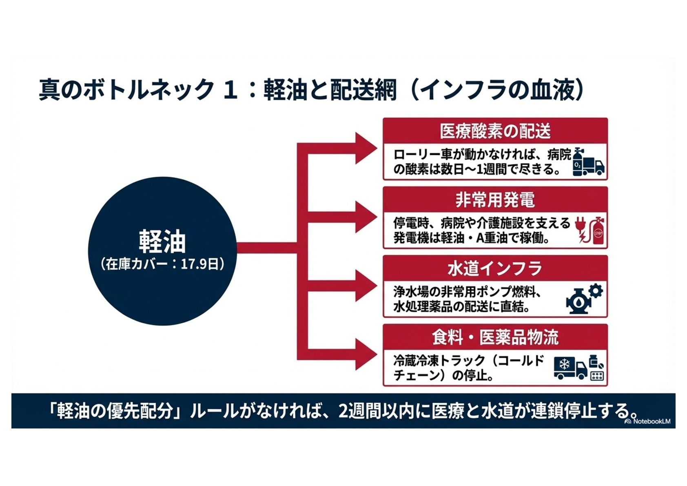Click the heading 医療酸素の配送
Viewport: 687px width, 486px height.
(x=495, y=131)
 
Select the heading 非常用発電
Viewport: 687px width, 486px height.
(x=495, y=200)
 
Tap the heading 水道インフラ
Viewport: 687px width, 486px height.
(x=495, y=269)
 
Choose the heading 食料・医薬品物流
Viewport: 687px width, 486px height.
(x=495, y=337)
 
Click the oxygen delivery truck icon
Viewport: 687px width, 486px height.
(x=589, y=163)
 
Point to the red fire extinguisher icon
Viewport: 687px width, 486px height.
(x=598, y=231)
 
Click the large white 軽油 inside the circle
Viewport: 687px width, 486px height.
(x=162, y=242)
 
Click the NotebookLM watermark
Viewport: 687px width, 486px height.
(x=648, y=421)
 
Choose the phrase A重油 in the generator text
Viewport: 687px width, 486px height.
(x=492, y=238)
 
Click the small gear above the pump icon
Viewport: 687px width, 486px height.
(x=596, y=291)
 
